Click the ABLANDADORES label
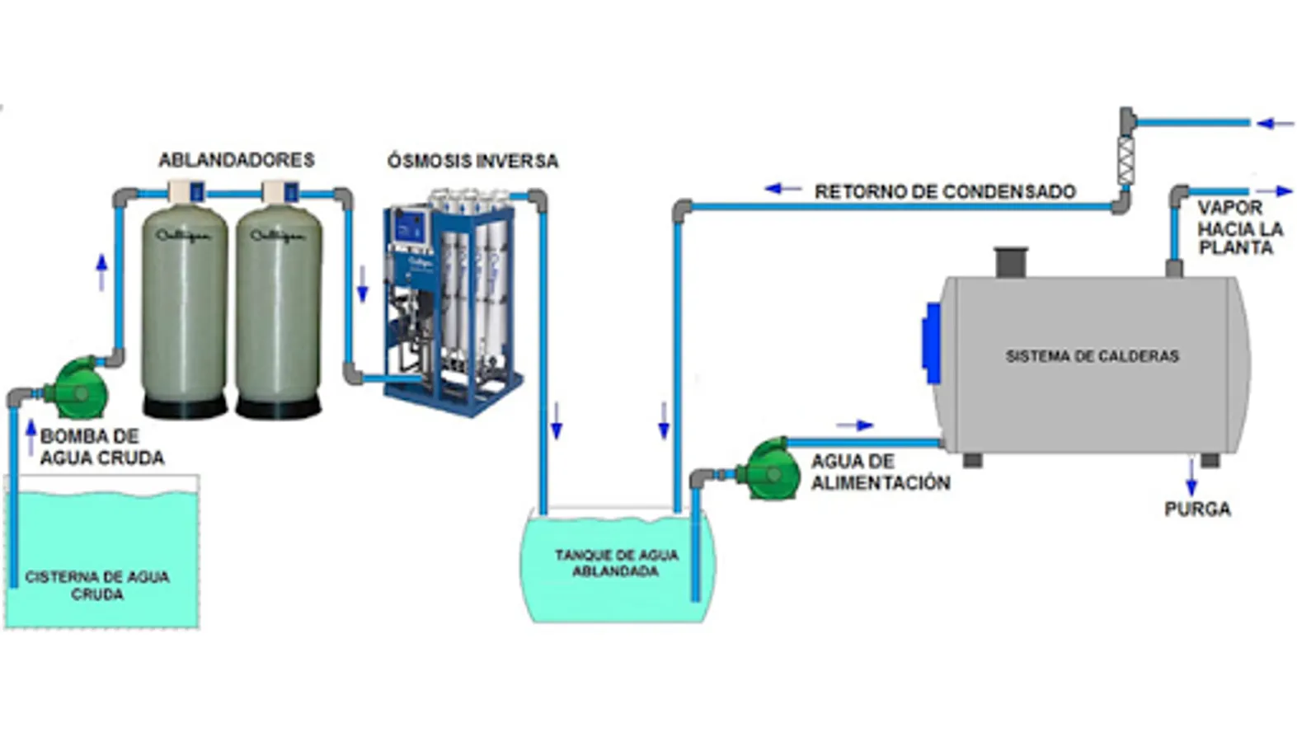pyautogui.click(x=236, y=160)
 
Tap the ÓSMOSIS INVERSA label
pyautogui.click(x=472, y=161)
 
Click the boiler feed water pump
pyautogui.click(x=769, y=469)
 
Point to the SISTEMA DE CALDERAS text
pyautogui.click(x=1092, y=356)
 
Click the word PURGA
pyautogui.click(x=1197, y=509)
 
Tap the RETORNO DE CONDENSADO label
pyautogui.click(x=945, y=191)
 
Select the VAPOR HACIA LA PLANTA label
pyautogui.click(x=1239, y=228)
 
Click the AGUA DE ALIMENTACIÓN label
pyautogui.click(x=880, y=472)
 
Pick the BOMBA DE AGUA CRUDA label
pyautogui.click(x=101, y=447)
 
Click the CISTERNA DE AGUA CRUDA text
pyautogui.click(x=97, y=585)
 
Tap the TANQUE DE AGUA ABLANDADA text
pyautogui.click(x=616, y=563)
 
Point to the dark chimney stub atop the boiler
pyautogui.click(x=1010, y=261)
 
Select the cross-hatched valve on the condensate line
pyautogui.click(x=1125, y=161)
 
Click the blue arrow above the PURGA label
pyautogui.click(x=1191, y=476)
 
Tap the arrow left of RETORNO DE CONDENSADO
pyautogui.click(x=782, y=189)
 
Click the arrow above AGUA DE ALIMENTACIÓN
pyautogui.click(x=855, y=425)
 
